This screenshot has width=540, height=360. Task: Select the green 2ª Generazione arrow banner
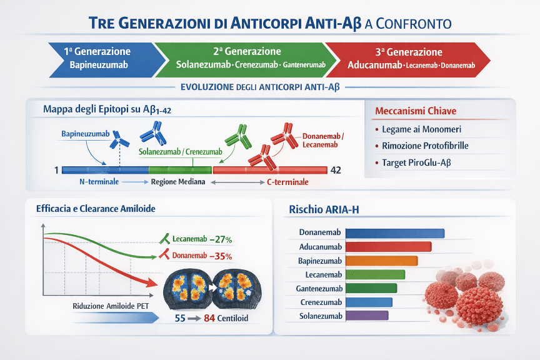click(x=247, y=58)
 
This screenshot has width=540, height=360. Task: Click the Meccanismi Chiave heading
click(x=416, y=111)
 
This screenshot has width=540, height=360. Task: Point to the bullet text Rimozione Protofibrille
click(x=425, y=146)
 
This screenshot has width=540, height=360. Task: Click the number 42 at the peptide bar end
click(x=336, y=169)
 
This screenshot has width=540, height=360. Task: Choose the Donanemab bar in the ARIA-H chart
click(x=394, y=233)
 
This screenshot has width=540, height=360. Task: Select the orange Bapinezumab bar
click(x=381, y=261)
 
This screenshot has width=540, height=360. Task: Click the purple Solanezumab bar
click(x=367, y=316)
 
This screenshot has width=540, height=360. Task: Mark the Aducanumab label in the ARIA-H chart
click(x=321, y=247)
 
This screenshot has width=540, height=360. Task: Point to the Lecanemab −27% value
click(x=221, y=239)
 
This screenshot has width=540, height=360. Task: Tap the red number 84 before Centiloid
click(x=209, y=319)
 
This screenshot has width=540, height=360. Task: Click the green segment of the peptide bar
click(x=181, y=169)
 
